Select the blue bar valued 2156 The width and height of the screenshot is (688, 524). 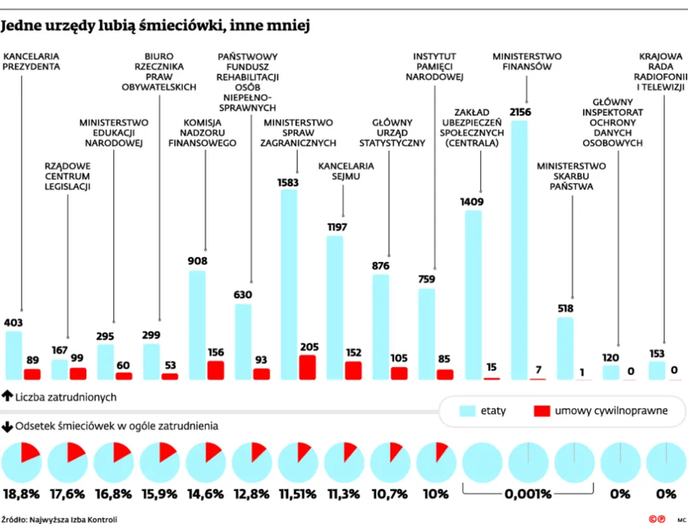(519, 249)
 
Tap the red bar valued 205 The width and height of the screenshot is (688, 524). (307, 367)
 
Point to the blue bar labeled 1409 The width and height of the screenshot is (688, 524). (473, 295)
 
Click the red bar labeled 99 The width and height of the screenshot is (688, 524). (77, 373)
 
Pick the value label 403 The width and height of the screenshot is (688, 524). (13, 323)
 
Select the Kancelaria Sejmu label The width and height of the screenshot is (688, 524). (343, 170)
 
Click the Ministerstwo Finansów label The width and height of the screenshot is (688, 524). (527, 61)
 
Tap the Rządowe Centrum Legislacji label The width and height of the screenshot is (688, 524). (67, 176)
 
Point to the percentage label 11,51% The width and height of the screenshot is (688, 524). (297, 493)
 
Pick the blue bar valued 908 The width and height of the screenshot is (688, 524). (197, 325)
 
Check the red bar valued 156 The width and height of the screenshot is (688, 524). (216, 370)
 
